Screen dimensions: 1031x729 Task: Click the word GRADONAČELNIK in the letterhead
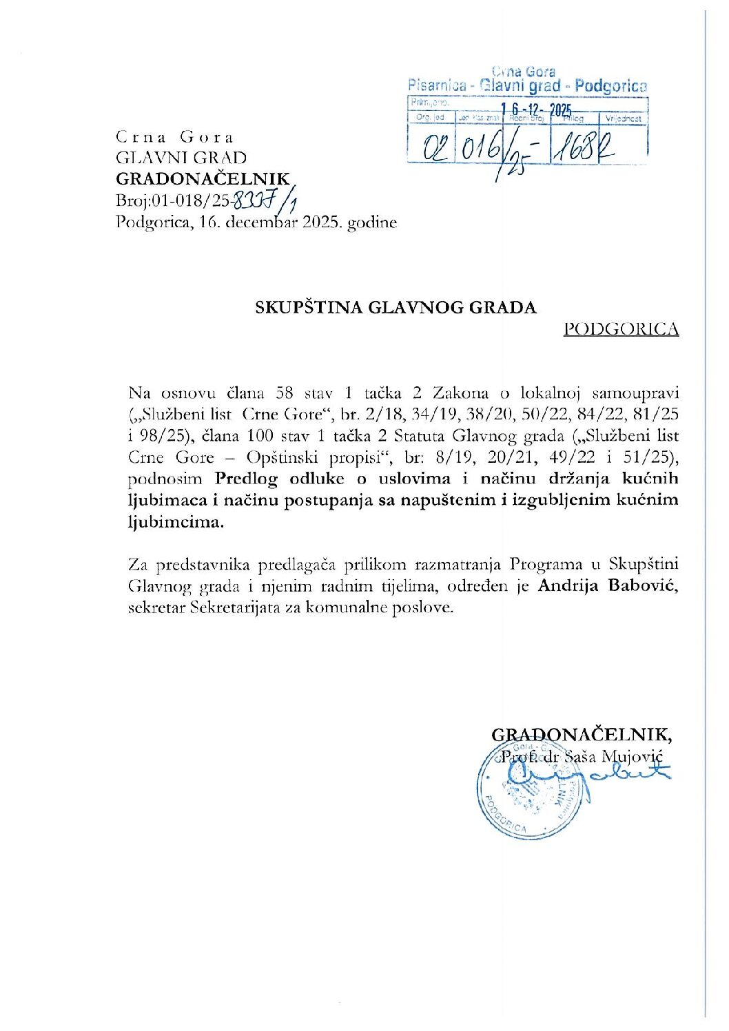(203, 179)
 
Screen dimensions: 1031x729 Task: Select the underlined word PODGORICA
(621, 329)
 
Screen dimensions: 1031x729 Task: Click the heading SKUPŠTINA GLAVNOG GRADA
(396, 307)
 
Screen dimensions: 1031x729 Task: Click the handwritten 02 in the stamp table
(429, 147)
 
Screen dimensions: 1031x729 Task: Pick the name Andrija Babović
(608, 586)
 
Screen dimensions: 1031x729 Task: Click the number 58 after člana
(285, 393)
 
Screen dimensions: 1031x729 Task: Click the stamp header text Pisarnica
(436, 86)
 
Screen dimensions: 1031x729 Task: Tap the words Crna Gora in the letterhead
(175, 136)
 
